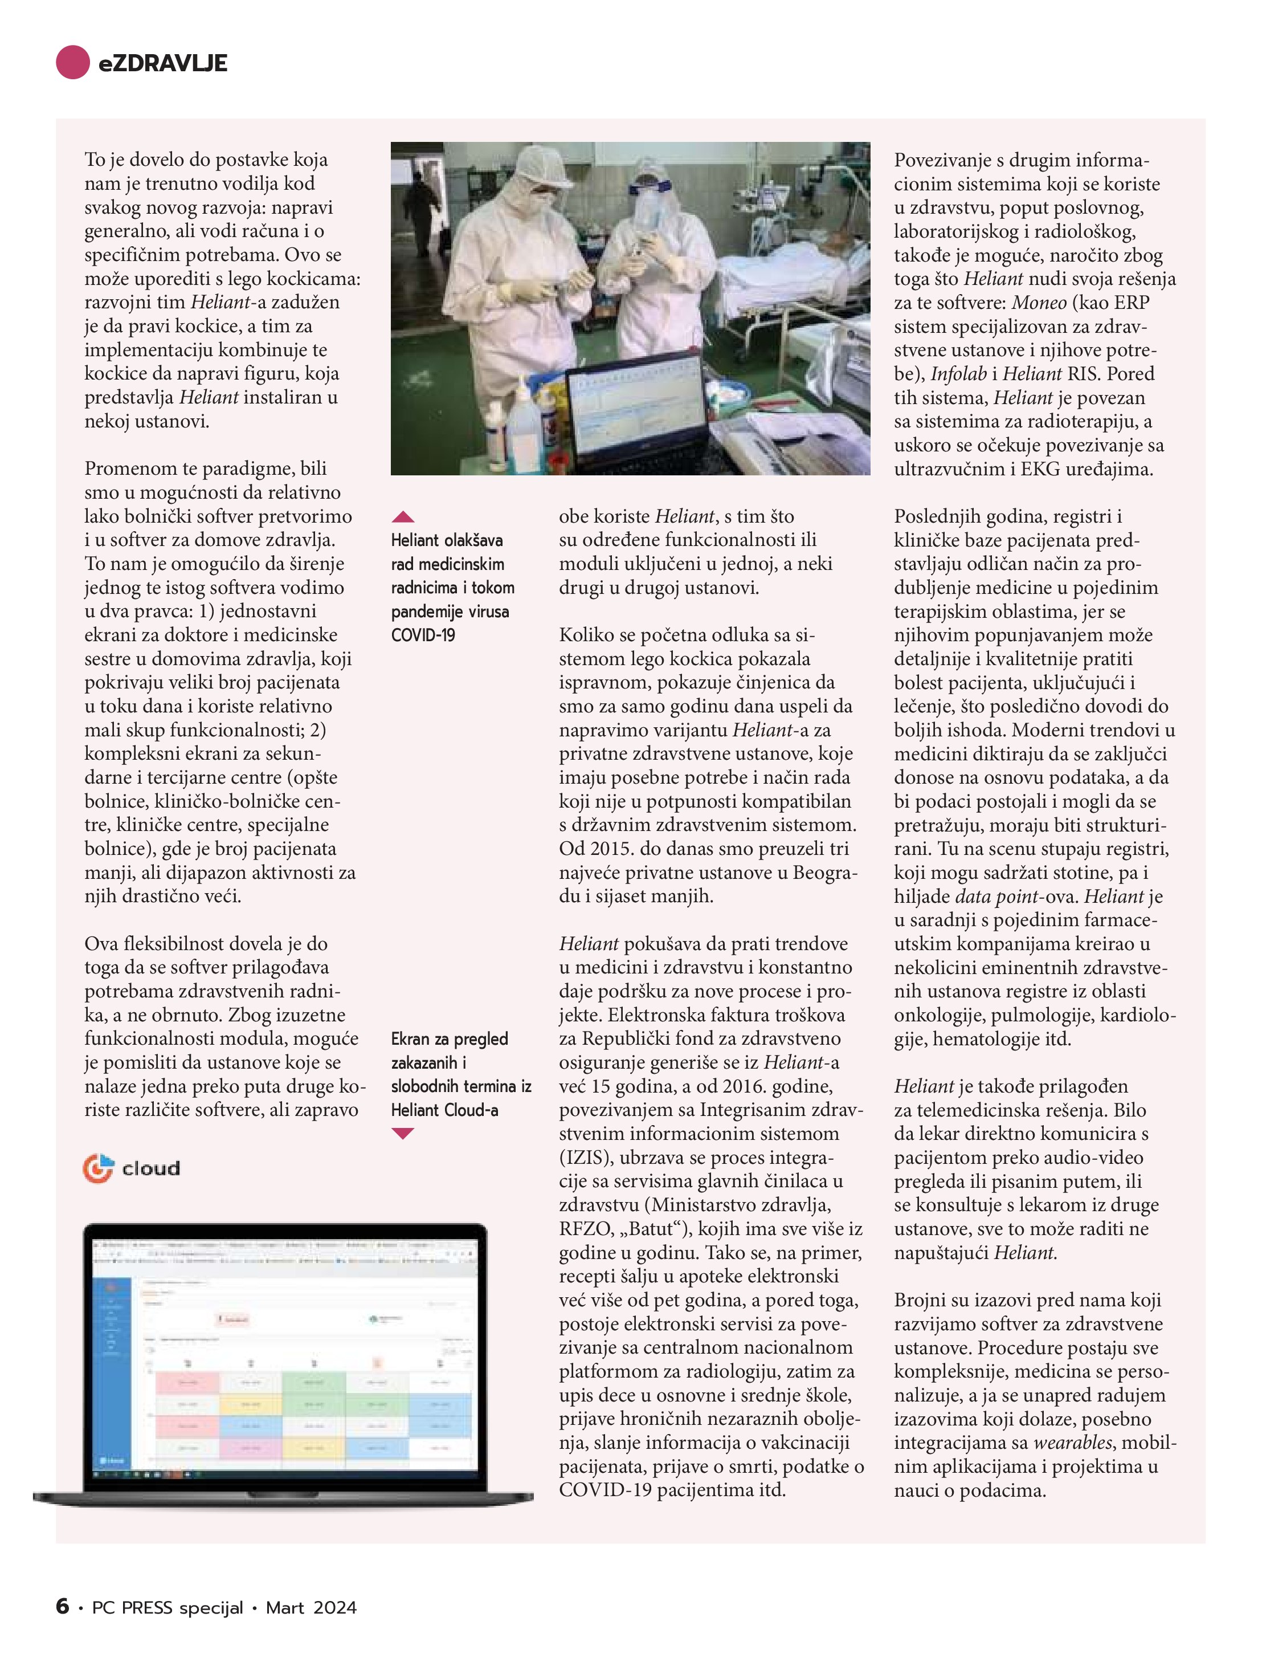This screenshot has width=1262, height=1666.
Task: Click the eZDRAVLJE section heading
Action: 162,63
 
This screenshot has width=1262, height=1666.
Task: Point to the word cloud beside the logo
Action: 152,1168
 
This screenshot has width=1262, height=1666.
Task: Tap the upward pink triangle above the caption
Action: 403,516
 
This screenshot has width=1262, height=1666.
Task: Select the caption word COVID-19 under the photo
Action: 423,635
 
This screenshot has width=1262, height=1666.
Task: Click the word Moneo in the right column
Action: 1039,303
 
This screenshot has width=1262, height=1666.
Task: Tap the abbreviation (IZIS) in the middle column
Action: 587,1157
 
